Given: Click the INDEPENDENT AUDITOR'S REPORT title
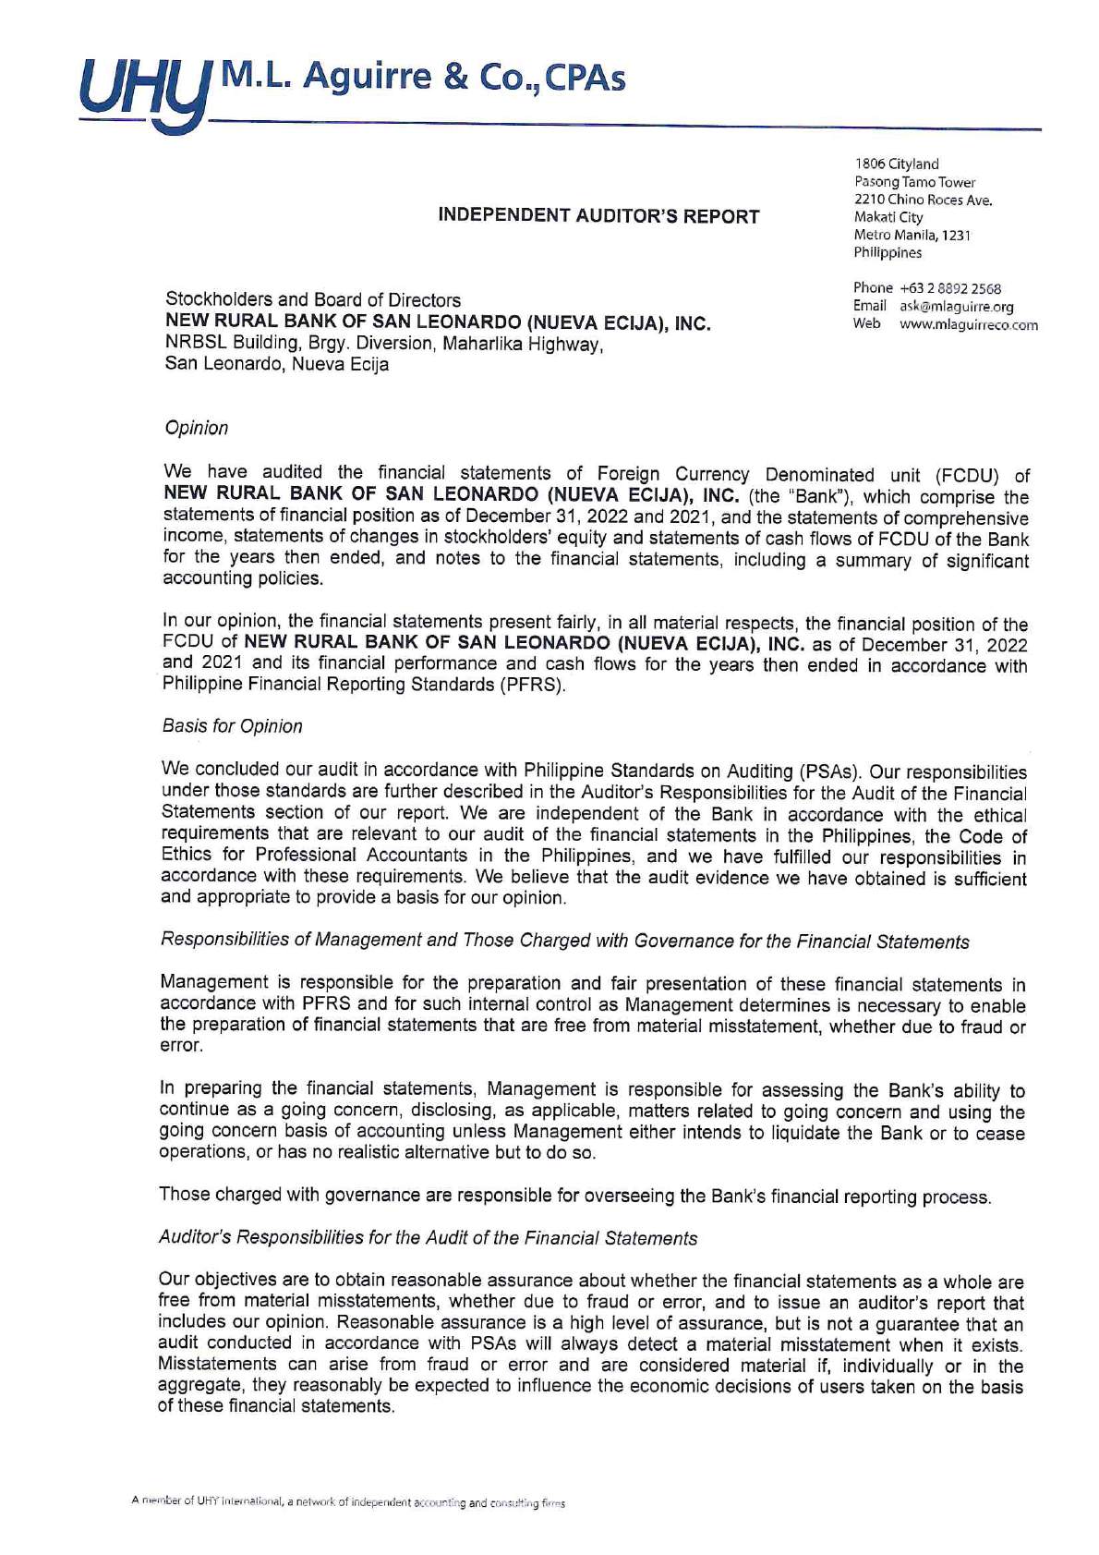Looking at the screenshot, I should [598, 216].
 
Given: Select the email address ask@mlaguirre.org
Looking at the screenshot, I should [956, 306].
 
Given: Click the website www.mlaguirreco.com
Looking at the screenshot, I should [968, 324].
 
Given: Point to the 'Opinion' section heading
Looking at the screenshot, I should [196, 428].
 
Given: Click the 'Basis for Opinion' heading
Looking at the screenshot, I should [232, 726].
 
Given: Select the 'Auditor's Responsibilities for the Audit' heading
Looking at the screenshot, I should [428, 1238].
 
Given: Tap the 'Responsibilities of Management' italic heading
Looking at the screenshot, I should [564, 941].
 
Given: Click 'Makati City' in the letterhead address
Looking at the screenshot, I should [888, 217].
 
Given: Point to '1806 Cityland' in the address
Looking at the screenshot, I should [896, 164].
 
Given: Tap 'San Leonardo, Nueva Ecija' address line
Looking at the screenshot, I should [276, 364].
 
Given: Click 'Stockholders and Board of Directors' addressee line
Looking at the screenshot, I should [312, 299].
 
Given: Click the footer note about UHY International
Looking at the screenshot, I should [348, 1502].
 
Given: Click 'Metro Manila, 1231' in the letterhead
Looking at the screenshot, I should [912, 235].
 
